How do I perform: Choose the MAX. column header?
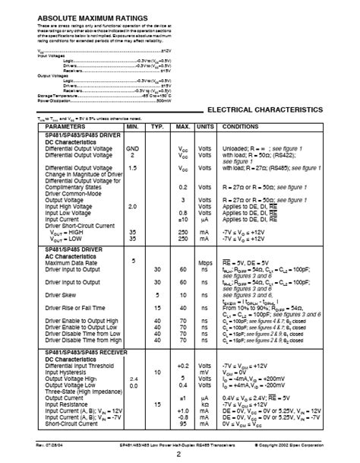pyautogui.click(x=183, y=127)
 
